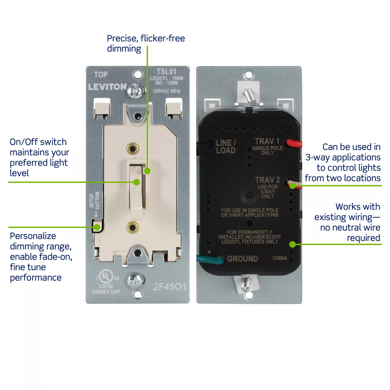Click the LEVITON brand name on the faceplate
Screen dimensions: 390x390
coord(107,87)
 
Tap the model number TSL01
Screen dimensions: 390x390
coord(166,72)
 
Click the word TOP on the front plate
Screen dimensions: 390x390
coord(101,75)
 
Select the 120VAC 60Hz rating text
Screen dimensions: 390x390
coord(167,91)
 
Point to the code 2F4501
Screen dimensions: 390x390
coord(170,287)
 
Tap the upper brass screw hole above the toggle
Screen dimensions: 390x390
coord(133,149)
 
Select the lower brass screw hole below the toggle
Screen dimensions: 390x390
coord(133,227)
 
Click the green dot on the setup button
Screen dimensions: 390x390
coord(97,227)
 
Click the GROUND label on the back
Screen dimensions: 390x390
coord(243,259)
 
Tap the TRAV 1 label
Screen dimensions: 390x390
coord(267,141)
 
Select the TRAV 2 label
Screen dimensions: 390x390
coord(268,180)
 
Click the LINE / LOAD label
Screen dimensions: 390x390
coord(226,147)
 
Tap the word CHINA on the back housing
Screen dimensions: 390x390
coord(280,258)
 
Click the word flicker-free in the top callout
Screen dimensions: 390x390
coord(163,38)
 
